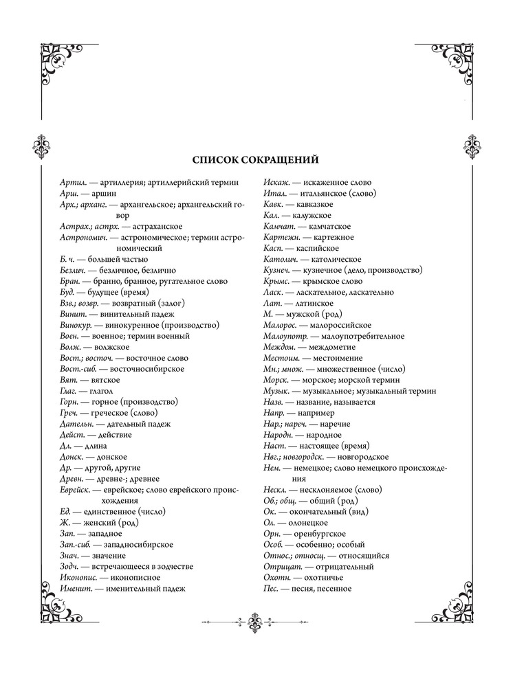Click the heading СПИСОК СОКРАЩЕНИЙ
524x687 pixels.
255,161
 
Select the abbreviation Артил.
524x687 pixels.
72,183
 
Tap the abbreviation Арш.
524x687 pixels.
69,194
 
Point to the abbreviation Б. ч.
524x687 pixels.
69,259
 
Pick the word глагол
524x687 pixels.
105,391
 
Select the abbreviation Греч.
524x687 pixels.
70,413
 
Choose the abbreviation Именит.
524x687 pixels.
75,589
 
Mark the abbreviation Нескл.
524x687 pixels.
277,490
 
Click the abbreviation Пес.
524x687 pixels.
271,589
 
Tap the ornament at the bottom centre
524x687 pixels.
256,624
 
